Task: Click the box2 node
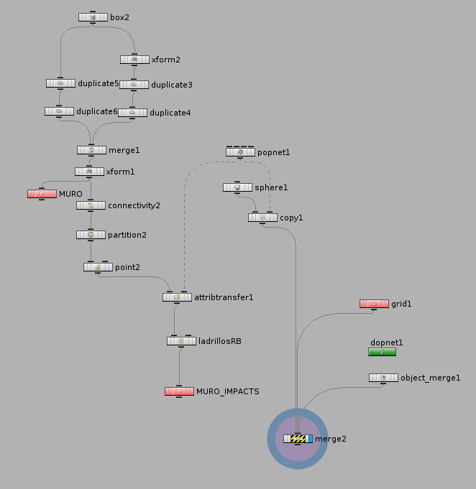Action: tap(93, 17)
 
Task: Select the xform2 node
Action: tap(134, 60)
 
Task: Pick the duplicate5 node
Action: tap(60, 83)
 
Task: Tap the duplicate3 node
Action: tap(133, 85)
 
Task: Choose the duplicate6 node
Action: tap(59, 111)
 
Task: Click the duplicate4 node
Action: tap(132, 113)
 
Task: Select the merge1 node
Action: tap(91, 150)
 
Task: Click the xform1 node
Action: tap(89, 172)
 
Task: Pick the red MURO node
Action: tap(42, 194)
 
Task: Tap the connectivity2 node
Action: tap(91, 205)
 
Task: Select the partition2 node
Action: tap(91, 235)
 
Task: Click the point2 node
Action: tap(98, 267)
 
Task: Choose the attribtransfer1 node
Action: tap(177, 297)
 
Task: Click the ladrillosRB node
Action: tap(181, 341)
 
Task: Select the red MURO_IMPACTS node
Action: tap(179, 391)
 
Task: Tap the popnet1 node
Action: tap(240, 152)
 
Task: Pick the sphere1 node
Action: tap(237, 187)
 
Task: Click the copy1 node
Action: tap(262, 218)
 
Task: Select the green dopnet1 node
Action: tap(382, 352)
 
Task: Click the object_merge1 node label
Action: tap(430, 378)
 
